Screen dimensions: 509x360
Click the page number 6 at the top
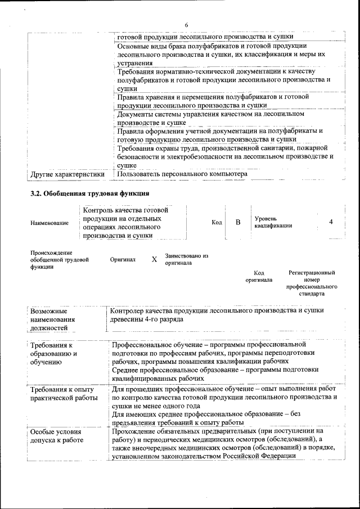click(186, 25)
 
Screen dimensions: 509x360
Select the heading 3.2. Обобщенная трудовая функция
click(89, 193)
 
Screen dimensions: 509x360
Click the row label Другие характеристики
click(67, 174)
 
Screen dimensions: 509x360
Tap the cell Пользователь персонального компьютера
click(182, 174)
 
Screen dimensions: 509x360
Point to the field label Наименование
click(49, 223)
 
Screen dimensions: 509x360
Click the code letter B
click(238, 222)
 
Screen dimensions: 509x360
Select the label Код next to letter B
click(217, 223)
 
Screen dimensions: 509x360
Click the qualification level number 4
click(331, 222)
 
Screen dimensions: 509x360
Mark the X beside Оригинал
click(154, 260)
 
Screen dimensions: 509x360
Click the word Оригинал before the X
click(123, 260)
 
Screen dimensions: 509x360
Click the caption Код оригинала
click(259, 276)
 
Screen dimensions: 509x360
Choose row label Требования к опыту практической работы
click(62, 394)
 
